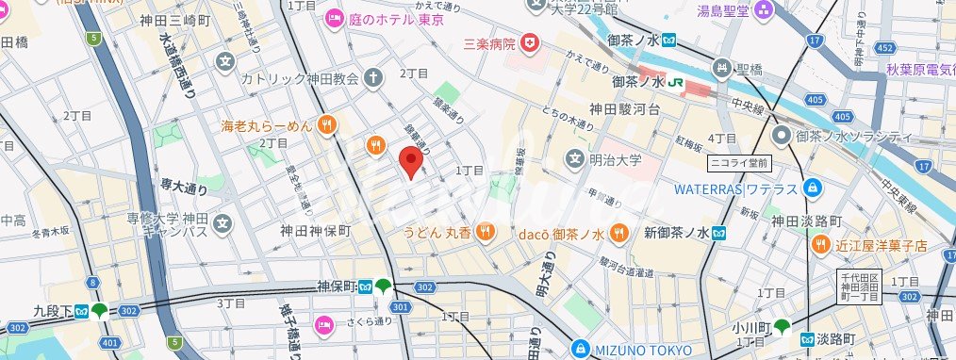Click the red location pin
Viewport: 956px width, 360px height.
pos(410,161)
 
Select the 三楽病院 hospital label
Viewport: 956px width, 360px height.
pos(490,43)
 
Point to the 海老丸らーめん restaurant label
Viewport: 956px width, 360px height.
pos(266,124)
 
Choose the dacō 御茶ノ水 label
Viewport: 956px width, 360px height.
pos(560,231)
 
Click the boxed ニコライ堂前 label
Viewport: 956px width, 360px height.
pos(740,163)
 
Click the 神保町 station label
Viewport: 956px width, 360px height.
pos(335,287)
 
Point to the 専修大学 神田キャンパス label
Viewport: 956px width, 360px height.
pos(167,224)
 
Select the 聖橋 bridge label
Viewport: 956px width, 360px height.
pos(749,68)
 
